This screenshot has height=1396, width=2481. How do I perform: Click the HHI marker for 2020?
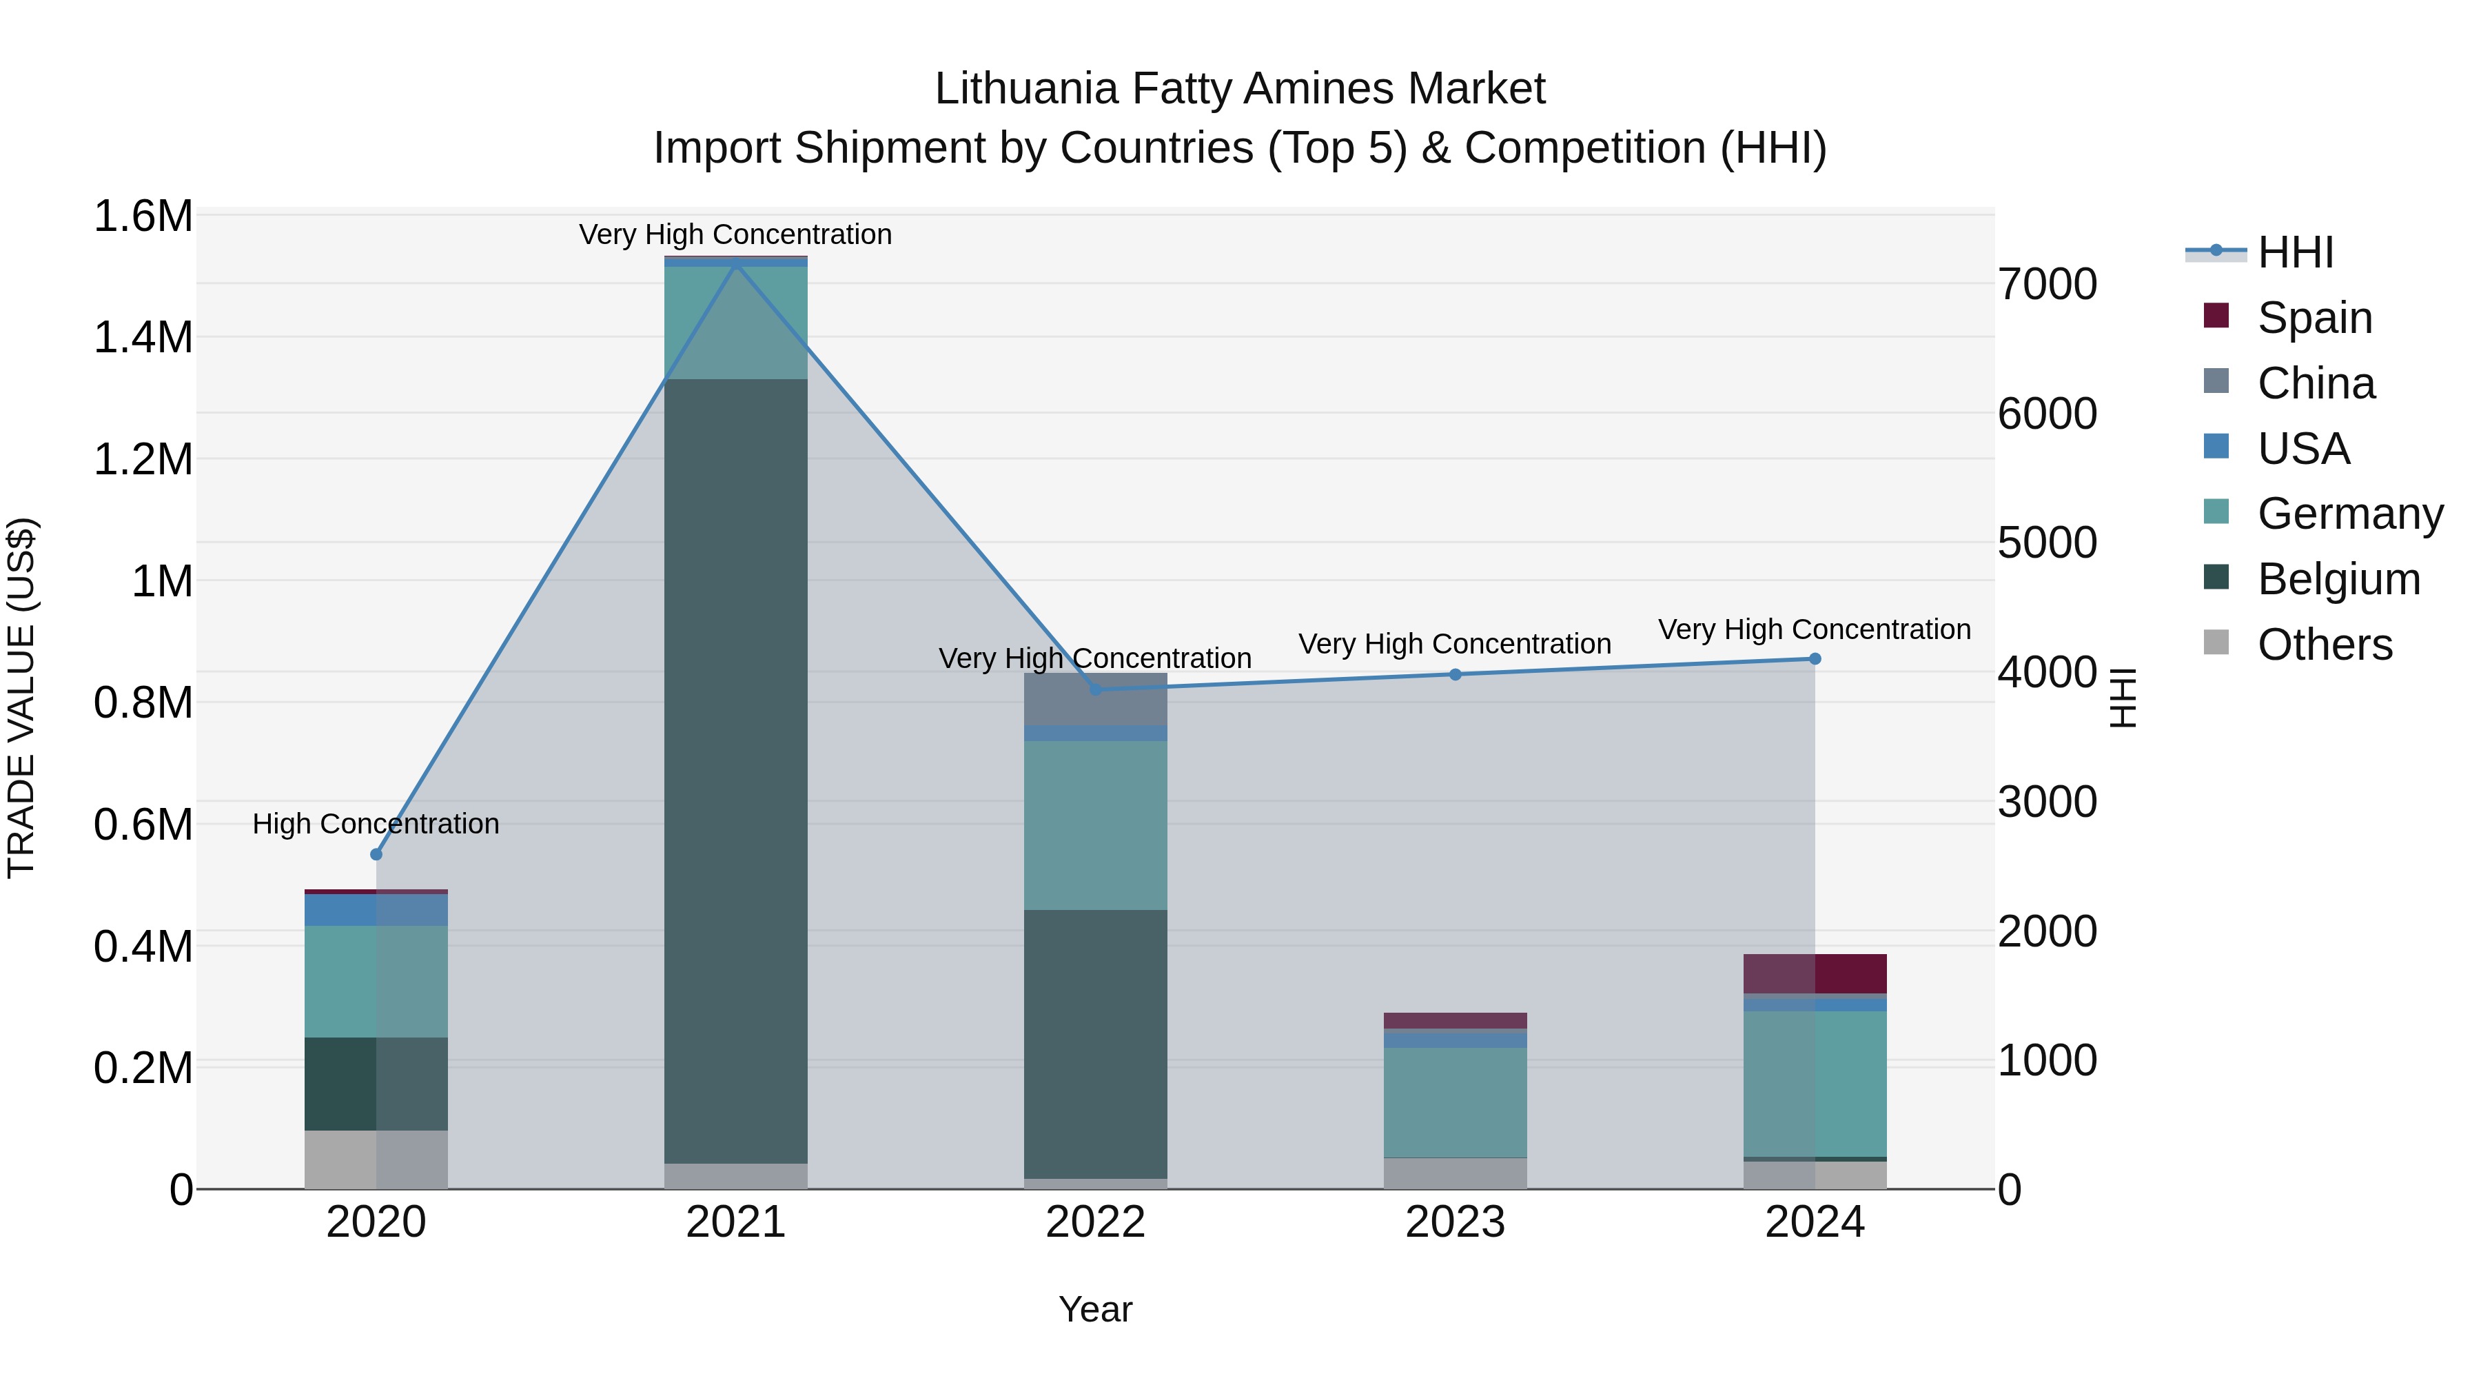click(x=376, y=855)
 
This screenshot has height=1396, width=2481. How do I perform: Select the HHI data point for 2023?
click(x=1456, y=674)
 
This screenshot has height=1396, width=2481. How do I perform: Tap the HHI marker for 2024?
click(x=1815, y=659)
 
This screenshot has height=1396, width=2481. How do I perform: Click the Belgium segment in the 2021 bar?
click(x=736, y=771)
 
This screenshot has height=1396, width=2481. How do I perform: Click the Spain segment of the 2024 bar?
click(x=1815, y=973)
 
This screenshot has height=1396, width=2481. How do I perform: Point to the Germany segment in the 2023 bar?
click(x=1456, y=1102)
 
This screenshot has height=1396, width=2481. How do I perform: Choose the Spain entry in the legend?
click(x=2314, y=318)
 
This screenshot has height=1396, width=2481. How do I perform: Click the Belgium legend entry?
click(x=2338, y=579)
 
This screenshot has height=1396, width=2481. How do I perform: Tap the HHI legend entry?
click(x=2295, y=252)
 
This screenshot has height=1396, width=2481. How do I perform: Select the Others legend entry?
click(x=2324, y=645)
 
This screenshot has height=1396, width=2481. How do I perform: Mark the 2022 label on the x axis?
click(x=1095, y=1222)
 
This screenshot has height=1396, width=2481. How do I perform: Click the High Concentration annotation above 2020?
click(x=376, y=824)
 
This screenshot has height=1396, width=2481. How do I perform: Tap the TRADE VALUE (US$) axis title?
click(x=21, y=698)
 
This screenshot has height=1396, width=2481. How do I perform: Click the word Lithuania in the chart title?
click(x=1027, y=89)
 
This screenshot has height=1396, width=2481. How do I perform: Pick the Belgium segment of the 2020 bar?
click(x=376, y=1084)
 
